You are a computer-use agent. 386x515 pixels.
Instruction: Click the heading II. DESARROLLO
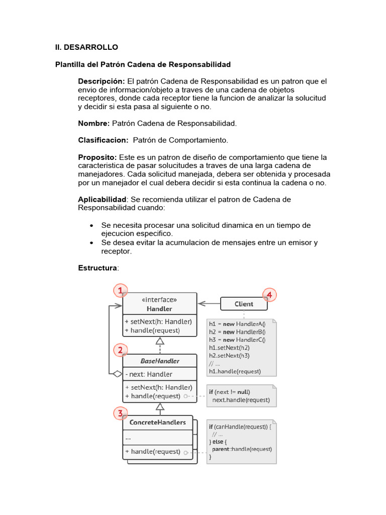coord(86,47)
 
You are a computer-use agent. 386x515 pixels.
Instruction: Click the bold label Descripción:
coord(101,81)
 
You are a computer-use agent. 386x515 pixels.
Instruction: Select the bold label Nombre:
coord(93,123)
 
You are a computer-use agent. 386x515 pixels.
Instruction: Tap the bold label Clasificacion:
coord(103,140)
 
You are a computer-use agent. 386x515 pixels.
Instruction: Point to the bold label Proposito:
coord(97,157)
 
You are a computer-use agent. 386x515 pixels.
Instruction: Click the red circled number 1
coord(120,291)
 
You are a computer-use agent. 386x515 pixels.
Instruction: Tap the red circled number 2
coord(120,350)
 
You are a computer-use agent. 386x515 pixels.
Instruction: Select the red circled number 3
coord(120,414)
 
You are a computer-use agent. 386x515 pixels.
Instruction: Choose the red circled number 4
coord(269,295)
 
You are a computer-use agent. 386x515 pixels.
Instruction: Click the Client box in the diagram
coord(244,304)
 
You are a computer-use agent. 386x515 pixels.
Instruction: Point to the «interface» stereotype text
coord(159,299)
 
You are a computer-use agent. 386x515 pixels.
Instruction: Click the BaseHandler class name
coord(160,361)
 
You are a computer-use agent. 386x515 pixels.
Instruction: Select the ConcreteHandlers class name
coord(157,422)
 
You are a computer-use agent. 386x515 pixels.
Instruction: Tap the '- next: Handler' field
coord(149,374)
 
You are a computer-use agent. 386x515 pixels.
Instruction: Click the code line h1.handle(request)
coord(235,372)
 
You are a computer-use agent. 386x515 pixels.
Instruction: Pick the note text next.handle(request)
coord(241,400)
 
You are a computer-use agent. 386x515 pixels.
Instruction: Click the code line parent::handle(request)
coord(241,449)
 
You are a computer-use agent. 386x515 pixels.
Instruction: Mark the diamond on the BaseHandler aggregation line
coord(117,374)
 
